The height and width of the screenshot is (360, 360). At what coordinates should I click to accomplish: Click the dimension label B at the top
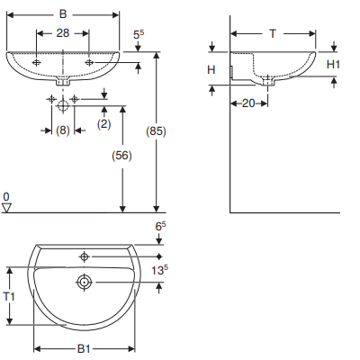tap(61, 14)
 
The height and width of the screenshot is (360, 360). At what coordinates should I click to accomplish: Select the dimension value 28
tap(61, 32)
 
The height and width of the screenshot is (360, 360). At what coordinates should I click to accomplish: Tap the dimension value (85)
tap(157, 131)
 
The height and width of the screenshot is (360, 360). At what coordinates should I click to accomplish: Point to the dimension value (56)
tap(122, 154)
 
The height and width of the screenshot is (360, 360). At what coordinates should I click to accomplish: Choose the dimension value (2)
tap(103, 122)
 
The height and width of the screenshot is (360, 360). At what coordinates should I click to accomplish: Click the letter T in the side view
tap(272, 32)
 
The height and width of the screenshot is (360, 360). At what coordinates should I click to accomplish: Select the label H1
tap(333, 64)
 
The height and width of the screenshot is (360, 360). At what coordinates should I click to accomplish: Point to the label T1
tap(10, 296)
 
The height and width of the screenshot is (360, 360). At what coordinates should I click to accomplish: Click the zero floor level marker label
tap(6, 196)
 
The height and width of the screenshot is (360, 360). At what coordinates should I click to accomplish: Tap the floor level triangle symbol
tap(6, 208)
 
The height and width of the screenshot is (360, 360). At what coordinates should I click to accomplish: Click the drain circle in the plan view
tap(84, 282)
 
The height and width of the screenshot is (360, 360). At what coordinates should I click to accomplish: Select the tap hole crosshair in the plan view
tap(84, 255)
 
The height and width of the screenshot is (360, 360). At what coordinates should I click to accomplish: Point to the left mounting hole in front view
tap(36, 62)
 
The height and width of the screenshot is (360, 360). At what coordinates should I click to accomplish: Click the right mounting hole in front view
tap(88, 62)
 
